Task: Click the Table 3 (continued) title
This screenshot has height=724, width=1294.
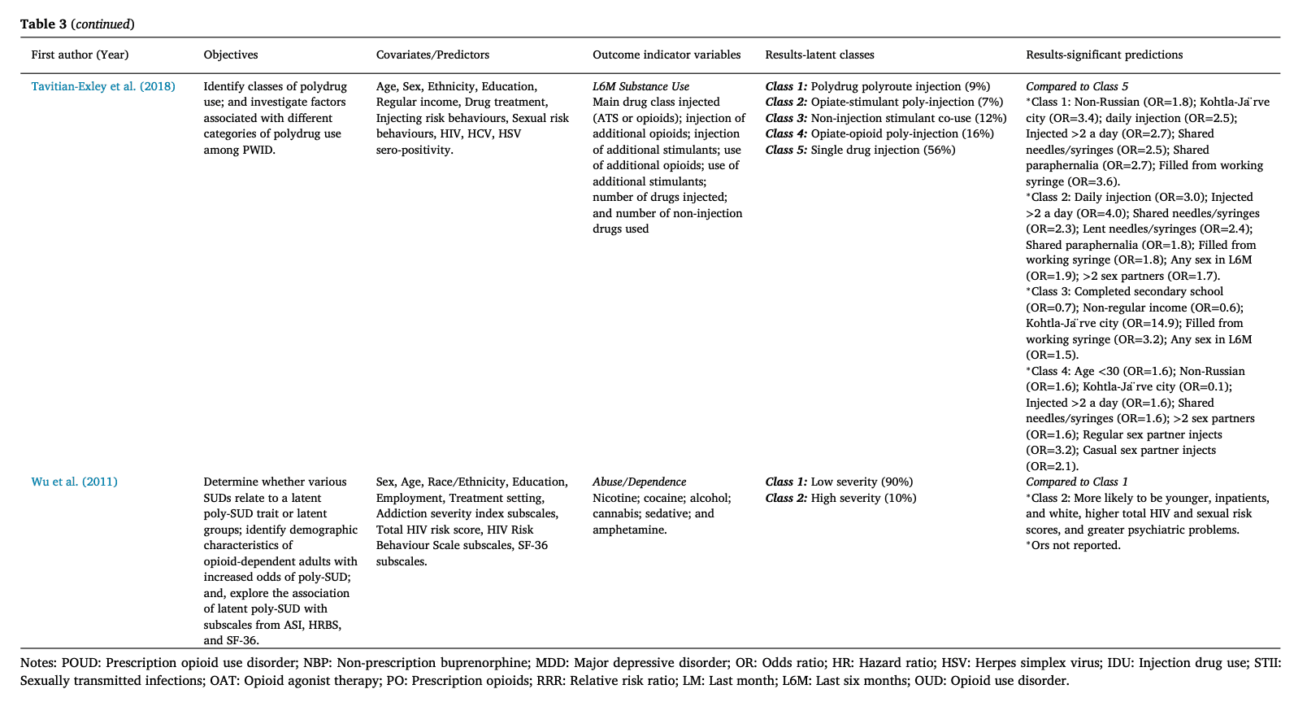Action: click(x=77, y=24)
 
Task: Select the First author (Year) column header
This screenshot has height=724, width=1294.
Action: click(x=80, y=55)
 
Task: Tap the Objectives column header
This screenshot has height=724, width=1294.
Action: click(x=231, y=55)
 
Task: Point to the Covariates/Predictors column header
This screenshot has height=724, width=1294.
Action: click(x=432, y=55)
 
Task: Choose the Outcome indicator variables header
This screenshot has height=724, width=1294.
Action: click(x=667, y=55)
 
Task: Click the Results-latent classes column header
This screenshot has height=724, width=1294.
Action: click(x=819, y=55)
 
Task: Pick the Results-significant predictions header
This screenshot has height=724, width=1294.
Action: click(x=1104, y=55)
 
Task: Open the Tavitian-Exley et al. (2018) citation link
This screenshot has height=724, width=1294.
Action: click(x=103, y=86)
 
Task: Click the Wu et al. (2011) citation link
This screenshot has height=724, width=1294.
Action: click(x=74, y=482)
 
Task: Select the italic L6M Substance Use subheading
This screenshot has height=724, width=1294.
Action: click(x=640, y=86)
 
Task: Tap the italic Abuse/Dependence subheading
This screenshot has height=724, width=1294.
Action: click(x=639, y=482)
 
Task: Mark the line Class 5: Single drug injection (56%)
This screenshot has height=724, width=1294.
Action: click(x=860, y=150)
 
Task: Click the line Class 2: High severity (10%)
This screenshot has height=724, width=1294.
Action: click(x=840, y=498)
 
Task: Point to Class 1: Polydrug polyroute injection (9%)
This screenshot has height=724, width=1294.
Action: click(x=877, y=86)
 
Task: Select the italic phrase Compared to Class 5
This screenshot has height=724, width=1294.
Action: click(x=1077, y=86)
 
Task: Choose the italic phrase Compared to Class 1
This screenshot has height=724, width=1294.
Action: click(x=1077, y=482)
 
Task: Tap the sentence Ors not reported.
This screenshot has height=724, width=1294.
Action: click(x=1075, y=545)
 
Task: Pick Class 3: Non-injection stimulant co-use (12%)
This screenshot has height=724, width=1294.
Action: click(x=885, y=118)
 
